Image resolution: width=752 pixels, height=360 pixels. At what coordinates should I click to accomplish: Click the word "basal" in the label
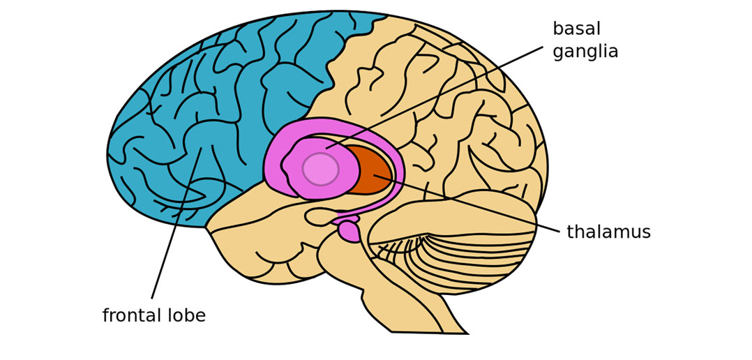tap(576, 29)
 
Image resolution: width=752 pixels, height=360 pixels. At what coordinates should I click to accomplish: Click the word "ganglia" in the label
tap(585, 52)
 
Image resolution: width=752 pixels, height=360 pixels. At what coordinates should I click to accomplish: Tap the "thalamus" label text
tap(608, 232)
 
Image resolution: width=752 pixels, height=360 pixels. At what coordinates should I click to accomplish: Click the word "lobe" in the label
tap(187, 316)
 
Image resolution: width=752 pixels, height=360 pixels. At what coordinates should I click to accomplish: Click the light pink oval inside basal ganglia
tap(320, 169)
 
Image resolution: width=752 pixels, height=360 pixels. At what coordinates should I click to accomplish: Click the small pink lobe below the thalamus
tap(349, 232)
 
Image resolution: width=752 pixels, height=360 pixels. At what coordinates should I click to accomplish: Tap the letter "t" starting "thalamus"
tap(570, 232)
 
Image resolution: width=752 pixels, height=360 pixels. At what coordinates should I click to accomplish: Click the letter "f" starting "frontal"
tap(105, 316)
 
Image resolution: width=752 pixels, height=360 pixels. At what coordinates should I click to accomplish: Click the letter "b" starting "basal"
tap(557, 29)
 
